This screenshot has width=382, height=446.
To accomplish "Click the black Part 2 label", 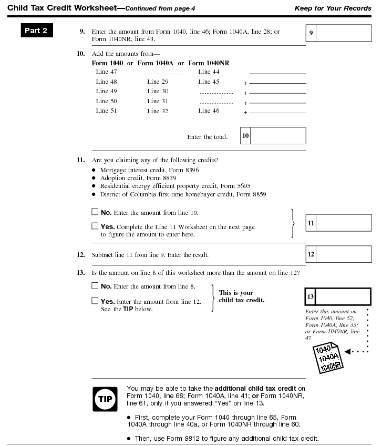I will (x=36, y=31).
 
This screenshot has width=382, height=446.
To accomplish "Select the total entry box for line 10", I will (x=278, y=136).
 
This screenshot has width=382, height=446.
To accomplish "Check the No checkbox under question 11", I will (x=95, y=212).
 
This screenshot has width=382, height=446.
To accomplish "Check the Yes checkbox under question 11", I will (x=95, y=226).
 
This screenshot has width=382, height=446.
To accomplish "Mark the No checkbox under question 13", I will (x=95, y=286).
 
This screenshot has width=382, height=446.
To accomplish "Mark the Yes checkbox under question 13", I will (x=95, y=301).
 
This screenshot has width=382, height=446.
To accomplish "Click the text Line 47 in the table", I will (x=106, y=72).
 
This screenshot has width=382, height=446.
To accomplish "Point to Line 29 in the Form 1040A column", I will (x=158, y=82).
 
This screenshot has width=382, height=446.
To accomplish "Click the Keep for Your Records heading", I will (x=340, y=8).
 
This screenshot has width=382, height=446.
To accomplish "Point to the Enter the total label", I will (x=207, y=137).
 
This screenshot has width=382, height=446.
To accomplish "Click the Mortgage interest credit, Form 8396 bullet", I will (x=149, y=170).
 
